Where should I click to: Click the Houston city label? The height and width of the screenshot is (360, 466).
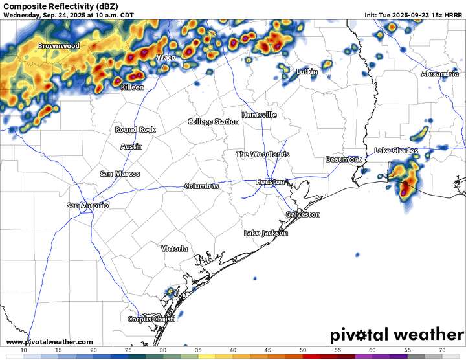tap(270, 182)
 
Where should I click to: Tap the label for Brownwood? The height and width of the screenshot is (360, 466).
tap(58, 46)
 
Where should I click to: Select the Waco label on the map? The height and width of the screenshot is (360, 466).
tap(166, 58)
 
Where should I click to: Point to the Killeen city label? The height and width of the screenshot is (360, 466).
tap(133, 87)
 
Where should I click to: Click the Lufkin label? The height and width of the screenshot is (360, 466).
tap(307, 72)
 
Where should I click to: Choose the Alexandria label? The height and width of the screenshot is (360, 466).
tap(439, 74)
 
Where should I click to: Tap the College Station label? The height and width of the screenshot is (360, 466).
tap(214, 122)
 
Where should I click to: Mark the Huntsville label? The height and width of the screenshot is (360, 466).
tap(259, 115)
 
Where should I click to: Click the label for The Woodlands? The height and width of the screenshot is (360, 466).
tap(262, 155)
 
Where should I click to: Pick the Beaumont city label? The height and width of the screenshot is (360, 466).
tap(343, 159)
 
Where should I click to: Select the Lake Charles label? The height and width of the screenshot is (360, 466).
tap(396, 151)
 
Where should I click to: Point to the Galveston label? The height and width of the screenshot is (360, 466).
tap(303, 214)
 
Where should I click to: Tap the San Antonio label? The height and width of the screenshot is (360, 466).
tap(88, 205)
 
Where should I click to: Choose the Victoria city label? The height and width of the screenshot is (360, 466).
tap(175, 249)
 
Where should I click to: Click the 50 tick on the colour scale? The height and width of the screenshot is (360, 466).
tap(303, 350)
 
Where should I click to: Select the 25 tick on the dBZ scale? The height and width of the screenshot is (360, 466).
tap(129, 350)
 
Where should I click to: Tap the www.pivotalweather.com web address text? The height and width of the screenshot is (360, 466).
tap(49, 341)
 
